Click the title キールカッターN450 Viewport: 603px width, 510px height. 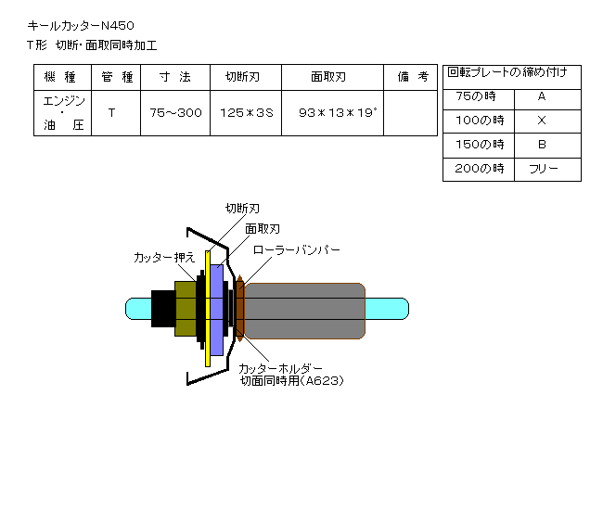point(81,26)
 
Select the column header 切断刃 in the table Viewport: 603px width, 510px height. point(243,77)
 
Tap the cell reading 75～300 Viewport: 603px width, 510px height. point(175,112)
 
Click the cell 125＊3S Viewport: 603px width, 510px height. point(247,112)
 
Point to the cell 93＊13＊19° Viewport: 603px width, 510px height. point(338,112)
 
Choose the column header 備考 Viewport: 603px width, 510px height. point(413,77)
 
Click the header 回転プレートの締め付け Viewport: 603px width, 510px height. point(507,72)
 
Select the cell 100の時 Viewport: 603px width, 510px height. point(480,121)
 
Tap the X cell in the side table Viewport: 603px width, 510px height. point(542,121)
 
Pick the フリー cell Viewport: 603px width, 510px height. point(544,169)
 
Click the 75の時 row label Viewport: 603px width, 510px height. point(476,96)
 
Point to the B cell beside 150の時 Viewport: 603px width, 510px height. point(542,145)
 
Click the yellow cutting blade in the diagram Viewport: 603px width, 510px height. point(208,309)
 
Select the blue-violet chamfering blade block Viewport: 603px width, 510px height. point(217,310)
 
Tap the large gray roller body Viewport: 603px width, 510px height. point(304,311)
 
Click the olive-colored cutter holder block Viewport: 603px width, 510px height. point(186,309)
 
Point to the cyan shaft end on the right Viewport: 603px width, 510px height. point(387,309)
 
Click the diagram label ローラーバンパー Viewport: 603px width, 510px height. point(297,250)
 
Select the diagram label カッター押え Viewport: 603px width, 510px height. point(164,258)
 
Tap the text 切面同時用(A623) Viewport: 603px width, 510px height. point(291,381)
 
